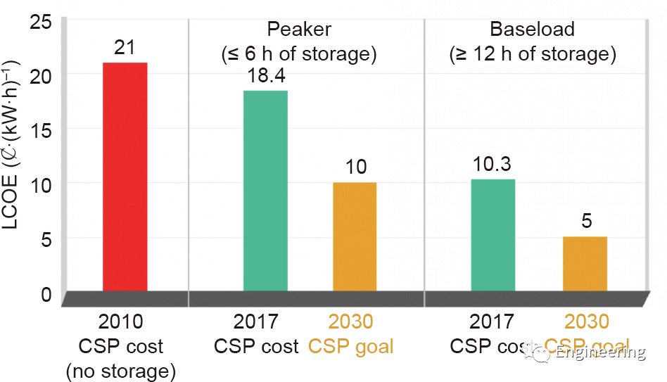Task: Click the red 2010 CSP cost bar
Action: tap(125, 177)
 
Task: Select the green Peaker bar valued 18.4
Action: tap(265, 191)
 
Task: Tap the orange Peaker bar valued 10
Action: tap(355, 236)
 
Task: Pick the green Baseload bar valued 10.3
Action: tap(493, 235)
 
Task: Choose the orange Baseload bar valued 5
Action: tap(585, 264)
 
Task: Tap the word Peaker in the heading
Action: tap(299, 29)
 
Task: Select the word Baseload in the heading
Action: tap(532, 29)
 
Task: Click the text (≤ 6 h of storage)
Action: tap(300, 53)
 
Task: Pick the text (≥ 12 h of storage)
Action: tap(533, 53)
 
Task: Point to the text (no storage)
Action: tap(120, 371)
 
